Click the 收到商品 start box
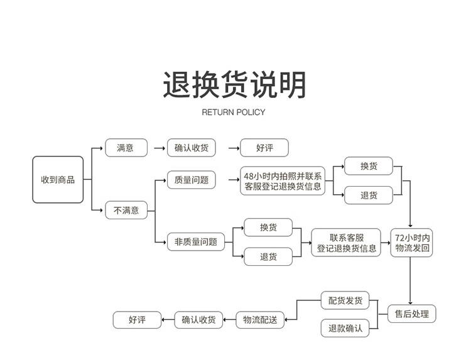[x=58, y=180]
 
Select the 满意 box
[x=126, y=148]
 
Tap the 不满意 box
[x=126, y=210]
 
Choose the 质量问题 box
[x=191, y=180]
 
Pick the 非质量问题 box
[x=195, y=241]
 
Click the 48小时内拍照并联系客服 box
[x=283, y=181]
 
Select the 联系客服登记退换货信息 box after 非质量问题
[x=347, y=243]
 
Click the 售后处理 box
[x=411, y=314]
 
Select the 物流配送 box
[x=260, y=320]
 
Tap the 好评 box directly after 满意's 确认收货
[x=264, y=148]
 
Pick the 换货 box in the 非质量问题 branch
[x=268, y=227]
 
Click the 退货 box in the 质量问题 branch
[x=368, y=195]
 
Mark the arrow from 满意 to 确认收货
[x=158, y=149]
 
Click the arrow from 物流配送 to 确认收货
[x=229, y=320]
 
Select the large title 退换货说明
[x=235, y=85]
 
